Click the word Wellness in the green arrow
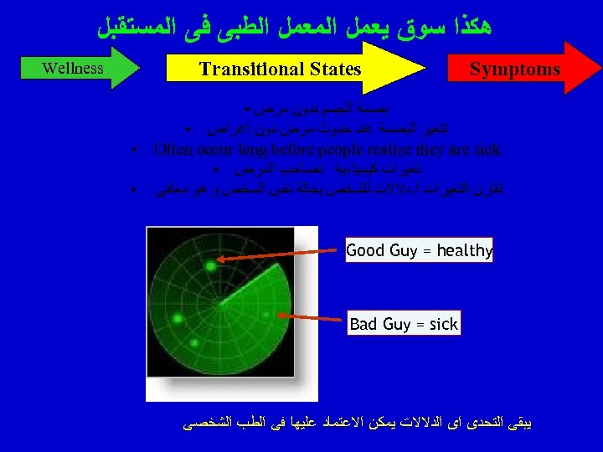(x=73, y=68)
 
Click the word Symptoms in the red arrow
(x=515, y=69)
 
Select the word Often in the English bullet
(x=174, y=150)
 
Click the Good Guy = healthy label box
(x=419, y=250)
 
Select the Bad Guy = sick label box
(x=404, y=323)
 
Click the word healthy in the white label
(x=465, y=250)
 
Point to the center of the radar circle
(x=219, y=300)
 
